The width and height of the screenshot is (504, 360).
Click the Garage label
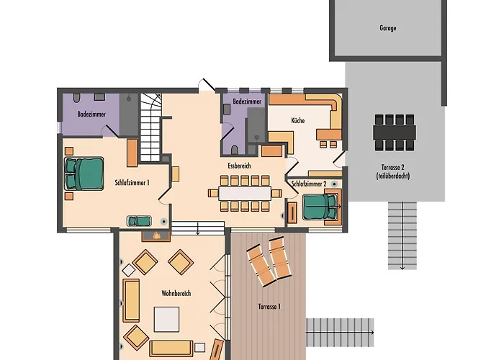(x=387, y=28)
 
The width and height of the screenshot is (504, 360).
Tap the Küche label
(x=297, y=120)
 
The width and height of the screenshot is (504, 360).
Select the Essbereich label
(x=239, y=166)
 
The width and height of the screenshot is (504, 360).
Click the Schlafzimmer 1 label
(x=132, y=183)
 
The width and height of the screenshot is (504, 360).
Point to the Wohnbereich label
(x=176, y=293)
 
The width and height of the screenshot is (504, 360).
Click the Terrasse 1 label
(x=269, y=307)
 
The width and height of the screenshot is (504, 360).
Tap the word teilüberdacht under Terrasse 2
(x=393, y=176)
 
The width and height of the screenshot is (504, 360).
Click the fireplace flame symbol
(x=156, y=235)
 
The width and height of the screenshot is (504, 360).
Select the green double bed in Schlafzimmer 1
(x=84, y=174)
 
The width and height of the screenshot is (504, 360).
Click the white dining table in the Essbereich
(x=245, y=194)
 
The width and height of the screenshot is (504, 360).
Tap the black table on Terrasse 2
(x=395, y=132)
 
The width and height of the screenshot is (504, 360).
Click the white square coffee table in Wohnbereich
(x=166, y=319)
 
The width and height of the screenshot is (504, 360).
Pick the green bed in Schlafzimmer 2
(x=320, y=207)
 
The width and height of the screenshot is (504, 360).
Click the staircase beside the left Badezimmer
(x=150, y=127)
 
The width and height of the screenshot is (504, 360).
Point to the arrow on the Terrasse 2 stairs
(x=402, y=235)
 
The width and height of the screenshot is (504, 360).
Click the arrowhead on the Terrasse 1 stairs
(x=372, y=333)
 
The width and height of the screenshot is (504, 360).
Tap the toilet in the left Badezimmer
(x=76, y=98)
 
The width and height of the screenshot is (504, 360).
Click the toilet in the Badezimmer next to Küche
(x=235, y=150)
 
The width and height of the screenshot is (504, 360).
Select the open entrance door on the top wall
(x=207, y=85)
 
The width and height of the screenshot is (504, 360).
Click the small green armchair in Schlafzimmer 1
(x=139, y=221)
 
